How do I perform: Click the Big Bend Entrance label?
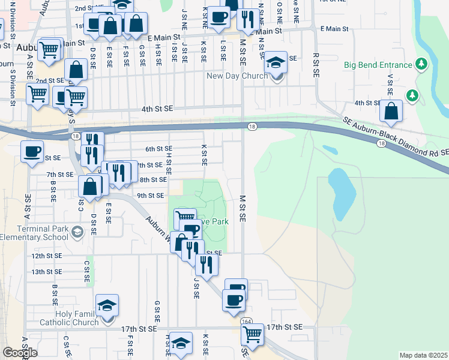(x=378, y=65)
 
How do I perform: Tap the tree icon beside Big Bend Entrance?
(x=421, y=64)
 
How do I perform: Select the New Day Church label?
(x=245, y=76)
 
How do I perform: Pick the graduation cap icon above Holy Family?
(x=106, y=305)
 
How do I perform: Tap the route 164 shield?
(x=247, y=322)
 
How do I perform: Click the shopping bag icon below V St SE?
(x=391, y=111)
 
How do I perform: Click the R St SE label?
(x=316, y=64)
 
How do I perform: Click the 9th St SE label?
(x=150, y=195)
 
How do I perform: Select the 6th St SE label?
(x=158, y=148)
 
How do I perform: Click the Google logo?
(x=20, y=353)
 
